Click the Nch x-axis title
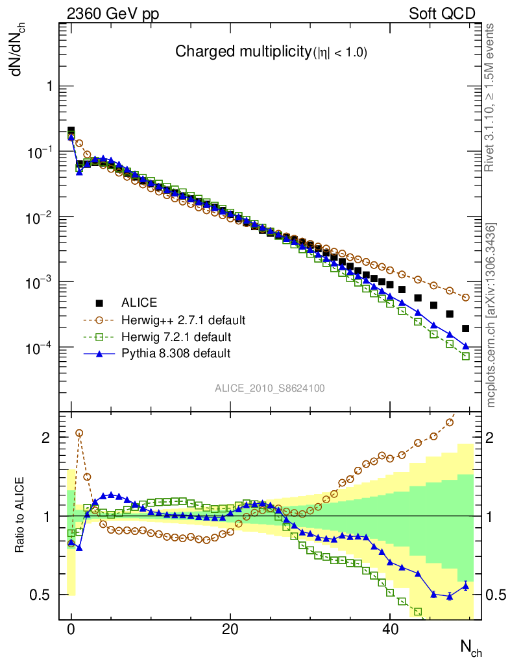point(470,646)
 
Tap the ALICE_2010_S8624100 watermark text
point(270,388)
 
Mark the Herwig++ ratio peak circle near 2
point(79,433)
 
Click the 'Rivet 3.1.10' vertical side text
point(489,97)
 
